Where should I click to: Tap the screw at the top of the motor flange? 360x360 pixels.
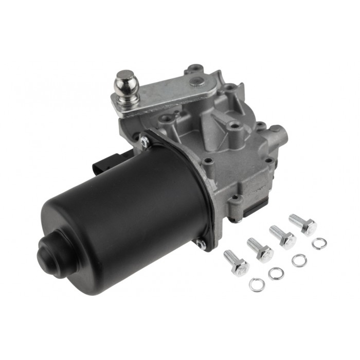click(145, 139)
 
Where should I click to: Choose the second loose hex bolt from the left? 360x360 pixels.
click(260, 248)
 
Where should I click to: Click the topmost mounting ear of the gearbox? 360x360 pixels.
click(194, 68)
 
